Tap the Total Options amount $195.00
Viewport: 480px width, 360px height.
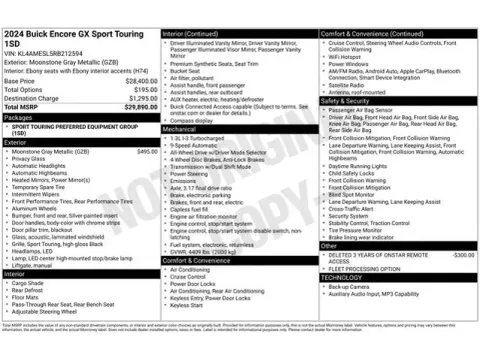pyautogui.click(x=142, y=89)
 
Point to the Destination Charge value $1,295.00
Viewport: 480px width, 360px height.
pyautogui.click(x=139, y=98)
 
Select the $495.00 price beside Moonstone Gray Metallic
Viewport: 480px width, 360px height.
pyautogui.click(x=146, y=151)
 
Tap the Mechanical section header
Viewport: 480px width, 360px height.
pyautogui.click(x=181, y=129)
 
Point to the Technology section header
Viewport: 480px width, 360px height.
pyautogui.click(x=342, y=277)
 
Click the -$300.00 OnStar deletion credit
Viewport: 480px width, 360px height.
pyautogui.click(x=462, y=255)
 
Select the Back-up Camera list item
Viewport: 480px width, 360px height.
pyautogui.click(x=351, y=286)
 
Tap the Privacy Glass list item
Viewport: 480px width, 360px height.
pyautogui.click(x=30, y=158)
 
